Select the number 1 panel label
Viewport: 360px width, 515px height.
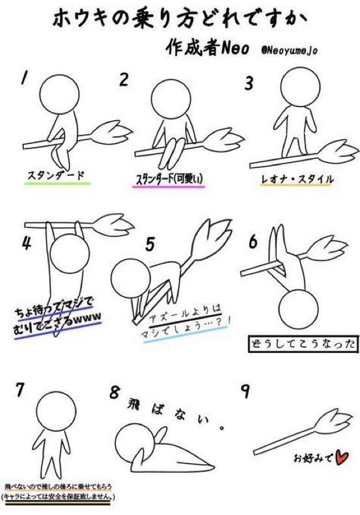(23, 78)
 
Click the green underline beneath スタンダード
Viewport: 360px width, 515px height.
(57, 184)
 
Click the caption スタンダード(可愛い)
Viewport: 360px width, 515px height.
(169, 179)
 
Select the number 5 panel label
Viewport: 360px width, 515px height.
(149, 245)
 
